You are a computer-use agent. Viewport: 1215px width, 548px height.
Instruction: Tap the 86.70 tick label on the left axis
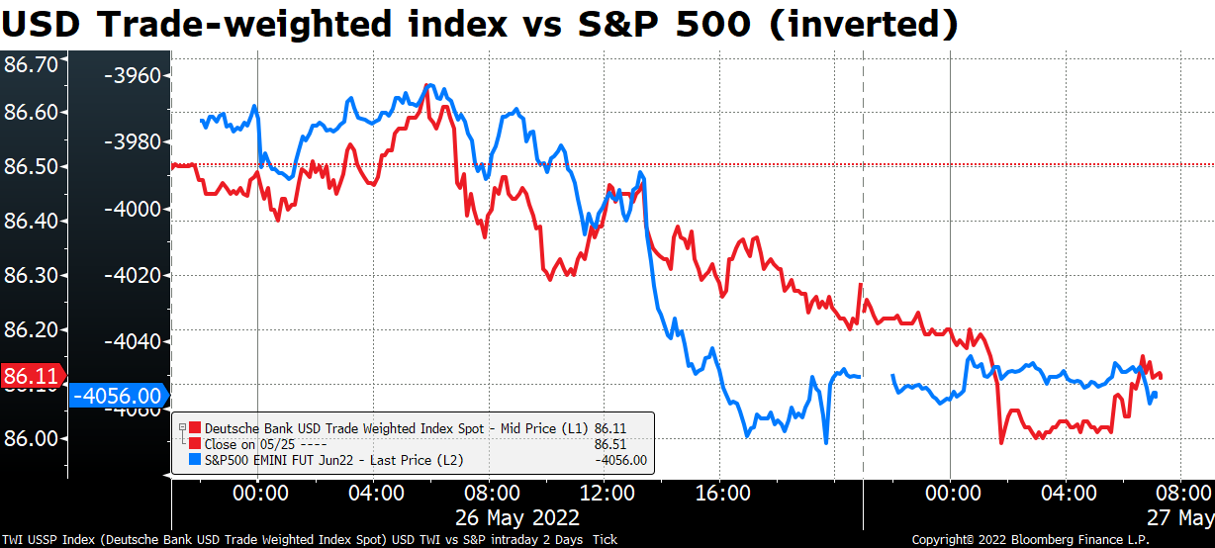32,65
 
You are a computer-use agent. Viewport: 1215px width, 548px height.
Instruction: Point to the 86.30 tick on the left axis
32,274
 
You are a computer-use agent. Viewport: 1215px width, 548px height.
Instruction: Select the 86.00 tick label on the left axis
32,438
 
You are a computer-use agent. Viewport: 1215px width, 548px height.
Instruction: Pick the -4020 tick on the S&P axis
136,275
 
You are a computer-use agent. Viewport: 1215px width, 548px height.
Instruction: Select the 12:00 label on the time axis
605,492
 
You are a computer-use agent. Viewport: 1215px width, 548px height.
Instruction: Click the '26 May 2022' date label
516,517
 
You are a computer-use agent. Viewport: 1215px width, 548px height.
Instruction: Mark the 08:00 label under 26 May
489,492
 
